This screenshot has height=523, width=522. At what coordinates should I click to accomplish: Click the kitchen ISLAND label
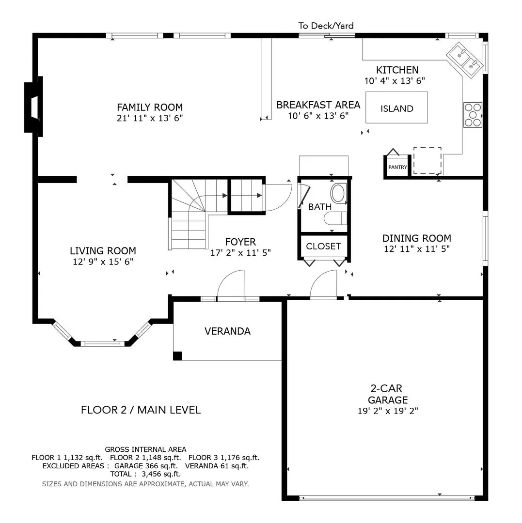coord(397,108)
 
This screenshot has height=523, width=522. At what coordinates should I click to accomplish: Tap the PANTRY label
coord(397,167)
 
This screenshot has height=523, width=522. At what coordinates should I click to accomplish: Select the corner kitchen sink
coord(465,60)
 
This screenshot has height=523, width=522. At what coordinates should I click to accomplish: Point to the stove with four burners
coord(473,115)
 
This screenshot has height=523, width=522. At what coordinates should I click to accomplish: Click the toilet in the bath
coord(335,219)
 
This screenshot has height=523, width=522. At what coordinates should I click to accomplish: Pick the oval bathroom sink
coord(338,193)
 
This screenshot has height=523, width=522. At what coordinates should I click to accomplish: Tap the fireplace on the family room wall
coord(34,107)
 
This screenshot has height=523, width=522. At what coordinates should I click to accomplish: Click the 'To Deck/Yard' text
coord(326,26)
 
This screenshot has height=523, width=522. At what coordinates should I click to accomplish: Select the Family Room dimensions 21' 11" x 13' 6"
coord(150,118)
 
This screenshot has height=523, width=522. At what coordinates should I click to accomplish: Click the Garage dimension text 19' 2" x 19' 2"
coord(388,411)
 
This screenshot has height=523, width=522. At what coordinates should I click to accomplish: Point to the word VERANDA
coord(228,331)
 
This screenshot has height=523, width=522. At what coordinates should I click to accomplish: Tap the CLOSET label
coord(323,246)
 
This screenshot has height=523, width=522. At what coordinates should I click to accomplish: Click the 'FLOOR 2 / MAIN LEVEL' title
coord(141,410)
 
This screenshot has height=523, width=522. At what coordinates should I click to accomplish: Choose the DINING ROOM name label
coord(417,238)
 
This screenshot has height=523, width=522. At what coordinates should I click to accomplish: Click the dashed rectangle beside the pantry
coord(427,160)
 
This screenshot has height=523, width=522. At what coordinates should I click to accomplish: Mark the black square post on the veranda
coord(177,356)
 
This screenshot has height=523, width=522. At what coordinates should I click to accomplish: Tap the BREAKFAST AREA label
coord(318,105)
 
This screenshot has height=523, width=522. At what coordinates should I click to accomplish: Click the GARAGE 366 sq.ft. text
coord(146,466)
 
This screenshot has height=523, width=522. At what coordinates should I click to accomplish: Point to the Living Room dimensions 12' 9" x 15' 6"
coord(103,261)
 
